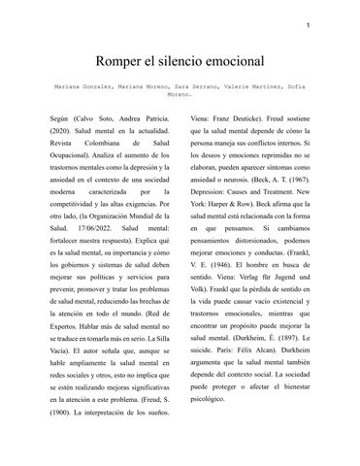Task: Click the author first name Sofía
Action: click(x=301, y=87)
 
